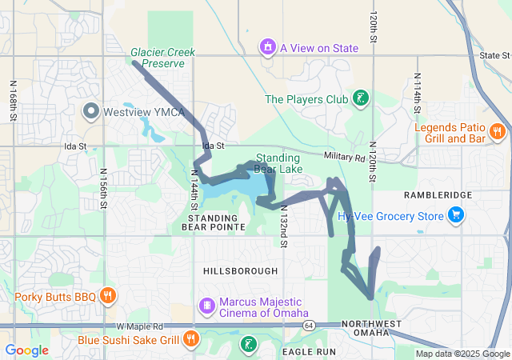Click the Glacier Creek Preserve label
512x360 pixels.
(163, 58)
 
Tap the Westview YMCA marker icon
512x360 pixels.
(90, 110)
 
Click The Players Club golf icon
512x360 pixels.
(362, 99)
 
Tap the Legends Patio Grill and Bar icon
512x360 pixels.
(497, 132)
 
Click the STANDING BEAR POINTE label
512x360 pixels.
(214, 222)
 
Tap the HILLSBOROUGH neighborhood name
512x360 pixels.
(241, 271)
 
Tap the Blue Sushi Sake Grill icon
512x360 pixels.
(190, 339)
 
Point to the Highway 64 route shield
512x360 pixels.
(309, 325)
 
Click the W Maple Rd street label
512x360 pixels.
(139, 326)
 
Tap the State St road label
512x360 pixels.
(493, 55)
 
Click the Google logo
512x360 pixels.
(26, 350)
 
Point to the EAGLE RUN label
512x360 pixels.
(303, 351)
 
